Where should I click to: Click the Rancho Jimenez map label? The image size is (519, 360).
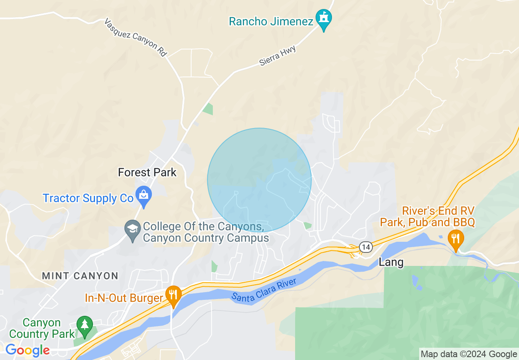tap(271, 22)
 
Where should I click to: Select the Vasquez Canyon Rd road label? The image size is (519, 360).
tap(135, 37)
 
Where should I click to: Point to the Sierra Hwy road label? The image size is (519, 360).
tap(277, 56)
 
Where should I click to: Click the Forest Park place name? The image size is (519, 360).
tap(147, 173)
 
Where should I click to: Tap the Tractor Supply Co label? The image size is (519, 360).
tap(88, 198)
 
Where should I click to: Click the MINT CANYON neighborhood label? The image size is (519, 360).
tap(80, 276)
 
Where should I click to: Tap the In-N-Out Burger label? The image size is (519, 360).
tap(124, 298)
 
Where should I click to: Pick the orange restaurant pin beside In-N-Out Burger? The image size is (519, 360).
tap(174, 295)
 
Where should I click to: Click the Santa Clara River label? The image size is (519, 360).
tap(264, 291)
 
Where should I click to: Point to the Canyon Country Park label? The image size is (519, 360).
tap(42, 328)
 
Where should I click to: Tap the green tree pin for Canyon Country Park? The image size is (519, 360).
tap(85, 326)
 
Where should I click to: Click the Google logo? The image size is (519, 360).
tap(27, 351)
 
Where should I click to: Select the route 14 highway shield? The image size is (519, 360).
tap(366, 247)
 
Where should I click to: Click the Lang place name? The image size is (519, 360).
tap(391, 262)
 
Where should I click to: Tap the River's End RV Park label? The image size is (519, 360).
tap(427, 217)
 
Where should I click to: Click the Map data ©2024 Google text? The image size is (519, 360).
tap(469, 354)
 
